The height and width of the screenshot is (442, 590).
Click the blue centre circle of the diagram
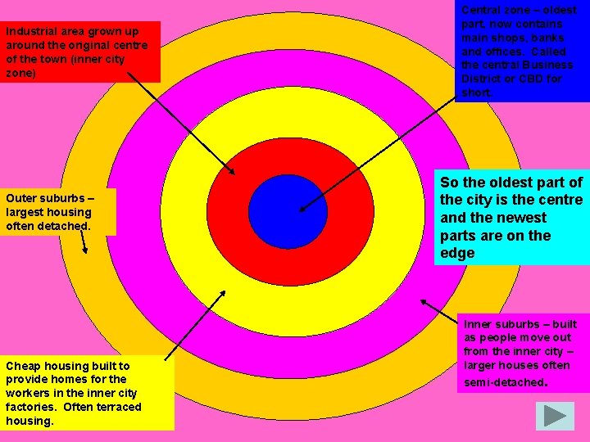click(288, 212)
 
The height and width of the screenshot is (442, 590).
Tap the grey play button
click(555, 416)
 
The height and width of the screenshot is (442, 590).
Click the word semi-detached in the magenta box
click(505, 382)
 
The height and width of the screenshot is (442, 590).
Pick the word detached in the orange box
click(70, 226)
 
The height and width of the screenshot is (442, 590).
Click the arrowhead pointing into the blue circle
click(302, 209)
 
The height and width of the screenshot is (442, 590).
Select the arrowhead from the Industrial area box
click(231, 171)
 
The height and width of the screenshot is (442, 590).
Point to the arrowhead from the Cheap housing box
click(222, 294)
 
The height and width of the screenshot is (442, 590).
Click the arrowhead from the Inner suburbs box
click(424, 302)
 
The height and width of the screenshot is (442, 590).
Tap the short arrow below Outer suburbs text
click(84, 241)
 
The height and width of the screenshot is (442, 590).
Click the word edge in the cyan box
click(457, 253)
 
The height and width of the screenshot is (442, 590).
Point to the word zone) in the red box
click(20, 73)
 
